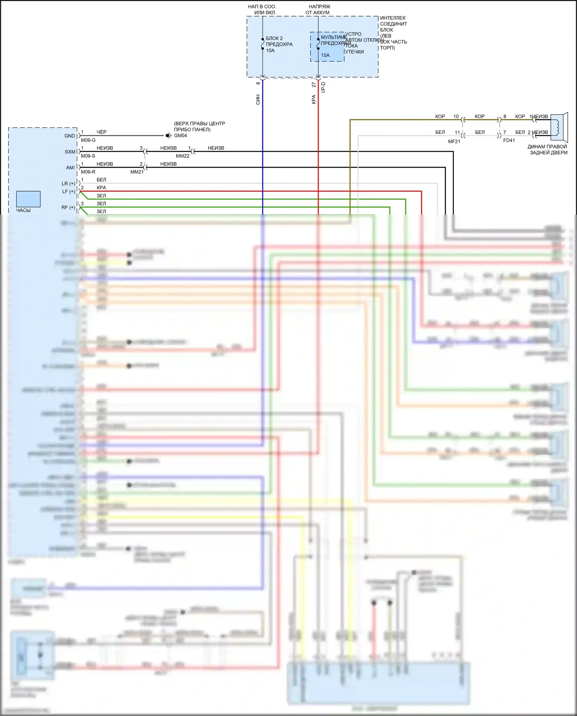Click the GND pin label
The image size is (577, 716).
point(70,136)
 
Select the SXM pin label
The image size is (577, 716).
point(70,152)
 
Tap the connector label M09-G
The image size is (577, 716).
point(88,140)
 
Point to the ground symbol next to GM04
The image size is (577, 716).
point(168,135)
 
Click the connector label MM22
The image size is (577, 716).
point(183,156)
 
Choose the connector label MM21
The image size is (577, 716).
point(137,172)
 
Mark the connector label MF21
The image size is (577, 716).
point(454,142)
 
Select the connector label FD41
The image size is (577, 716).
point(509,140)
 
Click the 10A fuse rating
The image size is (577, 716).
point(270,50)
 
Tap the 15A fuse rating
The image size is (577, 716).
point(325,55)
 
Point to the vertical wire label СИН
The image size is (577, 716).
point(258,99)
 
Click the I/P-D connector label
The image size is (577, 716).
point(324,87)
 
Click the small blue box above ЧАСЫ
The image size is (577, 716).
point(28,199)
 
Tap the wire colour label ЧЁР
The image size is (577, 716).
point(102,132)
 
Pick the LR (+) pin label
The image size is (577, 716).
point(68,184)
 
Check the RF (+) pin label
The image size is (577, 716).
point(68,207)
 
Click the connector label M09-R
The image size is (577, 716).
point(88,172)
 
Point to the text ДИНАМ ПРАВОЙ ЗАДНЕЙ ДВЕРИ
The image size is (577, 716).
point(548,150)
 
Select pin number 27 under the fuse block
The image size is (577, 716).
point(314,84)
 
